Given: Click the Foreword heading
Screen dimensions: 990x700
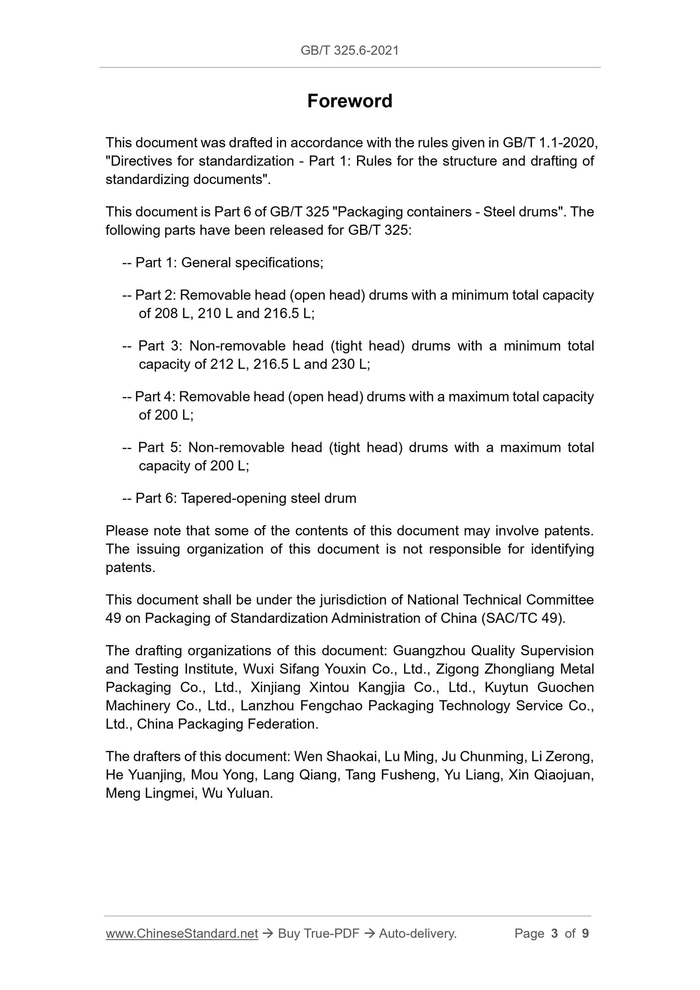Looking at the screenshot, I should [350, 101].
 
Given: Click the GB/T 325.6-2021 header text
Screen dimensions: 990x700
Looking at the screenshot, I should [350, 50].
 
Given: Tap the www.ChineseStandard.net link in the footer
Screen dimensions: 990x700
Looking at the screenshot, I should [182, 933].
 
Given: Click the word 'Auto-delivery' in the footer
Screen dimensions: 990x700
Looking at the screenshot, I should [417, 933].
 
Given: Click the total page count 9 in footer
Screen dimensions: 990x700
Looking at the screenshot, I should [585, 933].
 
